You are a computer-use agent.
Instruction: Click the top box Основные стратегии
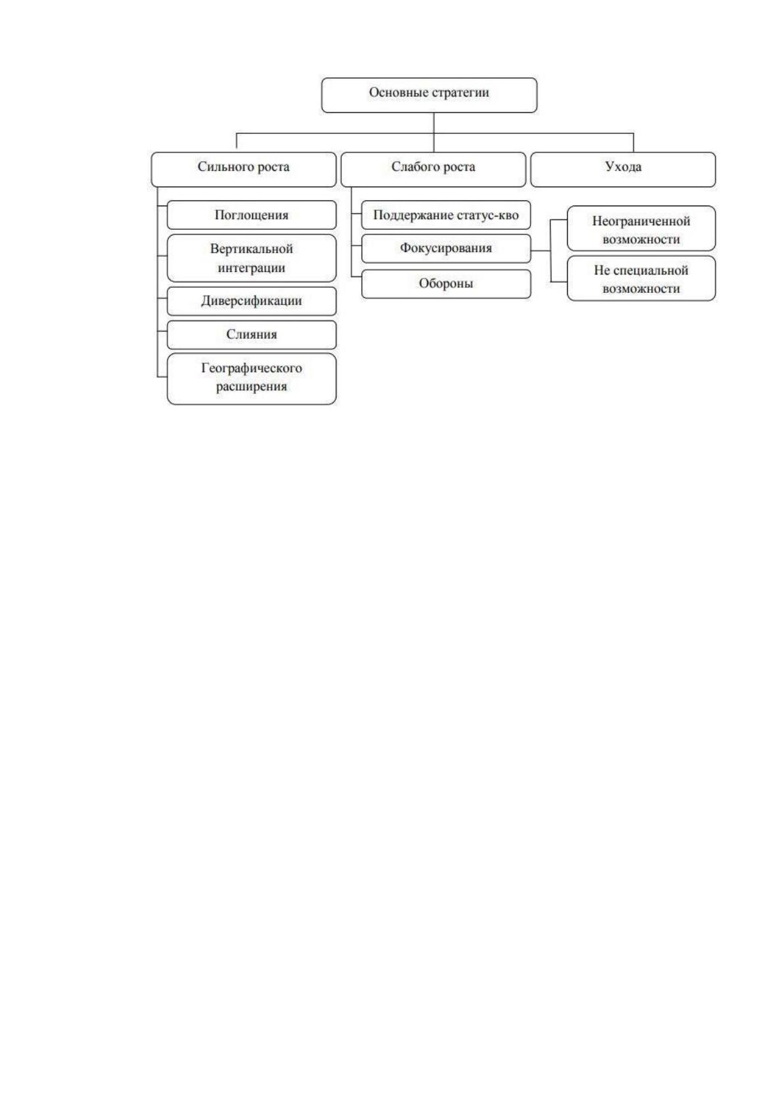click(429, 95)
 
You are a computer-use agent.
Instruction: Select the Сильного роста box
click(244, 169)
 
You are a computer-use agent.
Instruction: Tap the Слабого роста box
click(433, 169)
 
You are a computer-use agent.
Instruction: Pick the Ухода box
click(623, 169)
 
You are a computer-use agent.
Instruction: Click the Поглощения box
click(252, 215)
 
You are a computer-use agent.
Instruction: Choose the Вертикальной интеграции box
click(252, 258)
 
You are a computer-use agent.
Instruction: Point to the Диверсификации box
click(252, 301)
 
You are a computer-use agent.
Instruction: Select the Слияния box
click(252, 335)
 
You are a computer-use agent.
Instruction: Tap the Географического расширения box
click(252, 379)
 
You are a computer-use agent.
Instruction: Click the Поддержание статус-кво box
click(446, 215)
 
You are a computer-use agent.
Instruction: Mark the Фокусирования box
click(446, 248)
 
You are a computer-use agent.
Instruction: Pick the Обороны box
click(446, 284)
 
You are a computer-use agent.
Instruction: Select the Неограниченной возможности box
click(641, 229)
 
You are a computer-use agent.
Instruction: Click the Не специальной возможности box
click(641, 278)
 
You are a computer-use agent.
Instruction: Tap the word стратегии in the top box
click(461, 93)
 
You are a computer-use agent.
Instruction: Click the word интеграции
click(252, 268)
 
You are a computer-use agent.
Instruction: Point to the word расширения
click(252, 387)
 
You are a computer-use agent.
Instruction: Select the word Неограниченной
click(641, 221)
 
